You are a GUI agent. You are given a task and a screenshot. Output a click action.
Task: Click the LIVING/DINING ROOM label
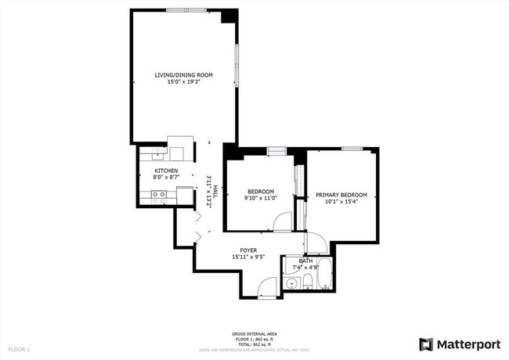click(x=183, y=75)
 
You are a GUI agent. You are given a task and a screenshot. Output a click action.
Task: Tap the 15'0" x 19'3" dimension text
click(x=183, y=82)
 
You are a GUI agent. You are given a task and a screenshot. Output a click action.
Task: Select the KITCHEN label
click(x=165, y=171)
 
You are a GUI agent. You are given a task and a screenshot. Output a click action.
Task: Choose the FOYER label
click(x=248, y=250)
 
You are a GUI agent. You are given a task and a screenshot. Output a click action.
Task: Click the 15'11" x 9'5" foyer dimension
click(x=248, y=257)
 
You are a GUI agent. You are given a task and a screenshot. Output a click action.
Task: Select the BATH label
click(x=305, y=261)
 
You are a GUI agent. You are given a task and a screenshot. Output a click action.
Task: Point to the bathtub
click(x=325, y=275)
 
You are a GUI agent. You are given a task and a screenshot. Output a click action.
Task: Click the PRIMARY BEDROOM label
click(x=341, y=194)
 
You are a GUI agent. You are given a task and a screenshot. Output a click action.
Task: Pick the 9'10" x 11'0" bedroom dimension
click(x=261, y=199)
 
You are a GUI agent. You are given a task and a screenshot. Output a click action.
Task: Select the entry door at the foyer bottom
click(x=267, y=292)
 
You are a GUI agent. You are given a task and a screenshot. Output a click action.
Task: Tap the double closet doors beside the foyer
click(x=186, y=227)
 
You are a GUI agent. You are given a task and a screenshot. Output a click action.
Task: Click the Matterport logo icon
click(x=427, y=344)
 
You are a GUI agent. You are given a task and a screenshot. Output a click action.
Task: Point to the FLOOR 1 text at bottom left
click(x=19, y=348)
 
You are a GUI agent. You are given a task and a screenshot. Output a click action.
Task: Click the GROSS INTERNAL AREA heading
click(x=253, y=333)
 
